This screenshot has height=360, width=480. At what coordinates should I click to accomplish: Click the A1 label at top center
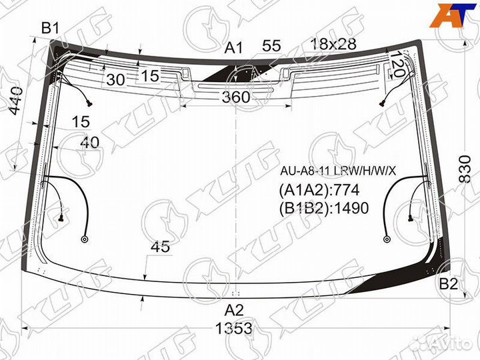[x=233, y=48]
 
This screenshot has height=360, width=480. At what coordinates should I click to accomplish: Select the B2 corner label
[x=448, y=285]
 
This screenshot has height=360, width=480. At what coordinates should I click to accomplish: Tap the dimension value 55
[x=271, y=46]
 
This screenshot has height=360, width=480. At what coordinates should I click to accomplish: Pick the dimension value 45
[x=160, y=247]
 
